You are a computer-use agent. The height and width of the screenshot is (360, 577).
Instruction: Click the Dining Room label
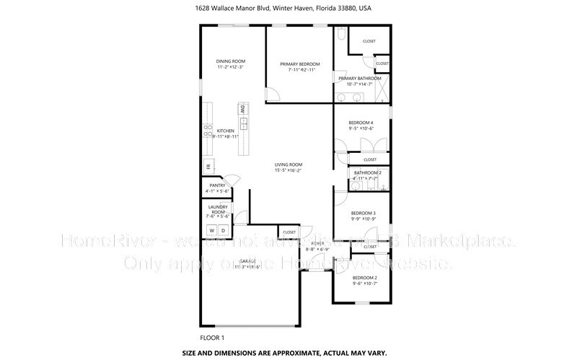(230, 61)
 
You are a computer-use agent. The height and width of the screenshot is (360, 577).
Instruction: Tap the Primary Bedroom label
(299, 64)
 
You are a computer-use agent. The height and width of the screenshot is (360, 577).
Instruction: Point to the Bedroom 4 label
(362, 123)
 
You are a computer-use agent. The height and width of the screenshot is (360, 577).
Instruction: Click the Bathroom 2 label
(367, 172)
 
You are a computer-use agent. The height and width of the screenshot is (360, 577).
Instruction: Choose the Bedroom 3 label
(364, 213)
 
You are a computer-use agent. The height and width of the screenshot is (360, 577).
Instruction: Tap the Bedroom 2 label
(365, 278)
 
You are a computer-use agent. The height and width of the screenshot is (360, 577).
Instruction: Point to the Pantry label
(218, 185)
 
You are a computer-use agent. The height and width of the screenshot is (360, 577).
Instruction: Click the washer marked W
(212, 231)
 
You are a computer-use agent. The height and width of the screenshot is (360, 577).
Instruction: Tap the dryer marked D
(224, 231)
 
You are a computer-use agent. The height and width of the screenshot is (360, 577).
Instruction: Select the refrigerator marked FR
(208, 167)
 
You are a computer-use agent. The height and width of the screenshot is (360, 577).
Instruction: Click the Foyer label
(318, 244)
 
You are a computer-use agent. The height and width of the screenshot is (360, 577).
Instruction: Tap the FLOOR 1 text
(212, 338)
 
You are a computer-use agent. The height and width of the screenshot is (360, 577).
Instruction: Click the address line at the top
(288, 9)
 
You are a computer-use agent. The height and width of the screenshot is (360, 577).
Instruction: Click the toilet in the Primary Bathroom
(339, 36)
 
